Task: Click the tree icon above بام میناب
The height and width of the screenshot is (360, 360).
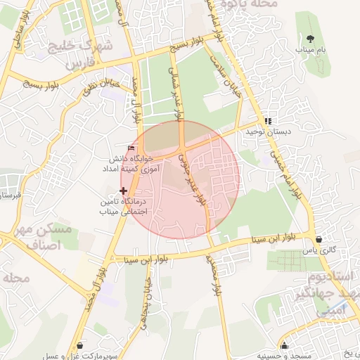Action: point(311,38)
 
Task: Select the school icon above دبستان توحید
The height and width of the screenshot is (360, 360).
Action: point(267,120)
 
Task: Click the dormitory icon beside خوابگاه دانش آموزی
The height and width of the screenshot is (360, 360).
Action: point(131,148)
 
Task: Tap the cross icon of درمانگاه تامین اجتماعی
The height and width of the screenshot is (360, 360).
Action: point(124,191)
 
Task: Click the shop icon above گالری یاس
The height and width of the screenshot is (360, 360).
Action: point(319,239)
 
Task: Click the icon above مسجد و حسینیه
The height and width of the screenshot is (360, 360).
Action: point(285,345)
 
